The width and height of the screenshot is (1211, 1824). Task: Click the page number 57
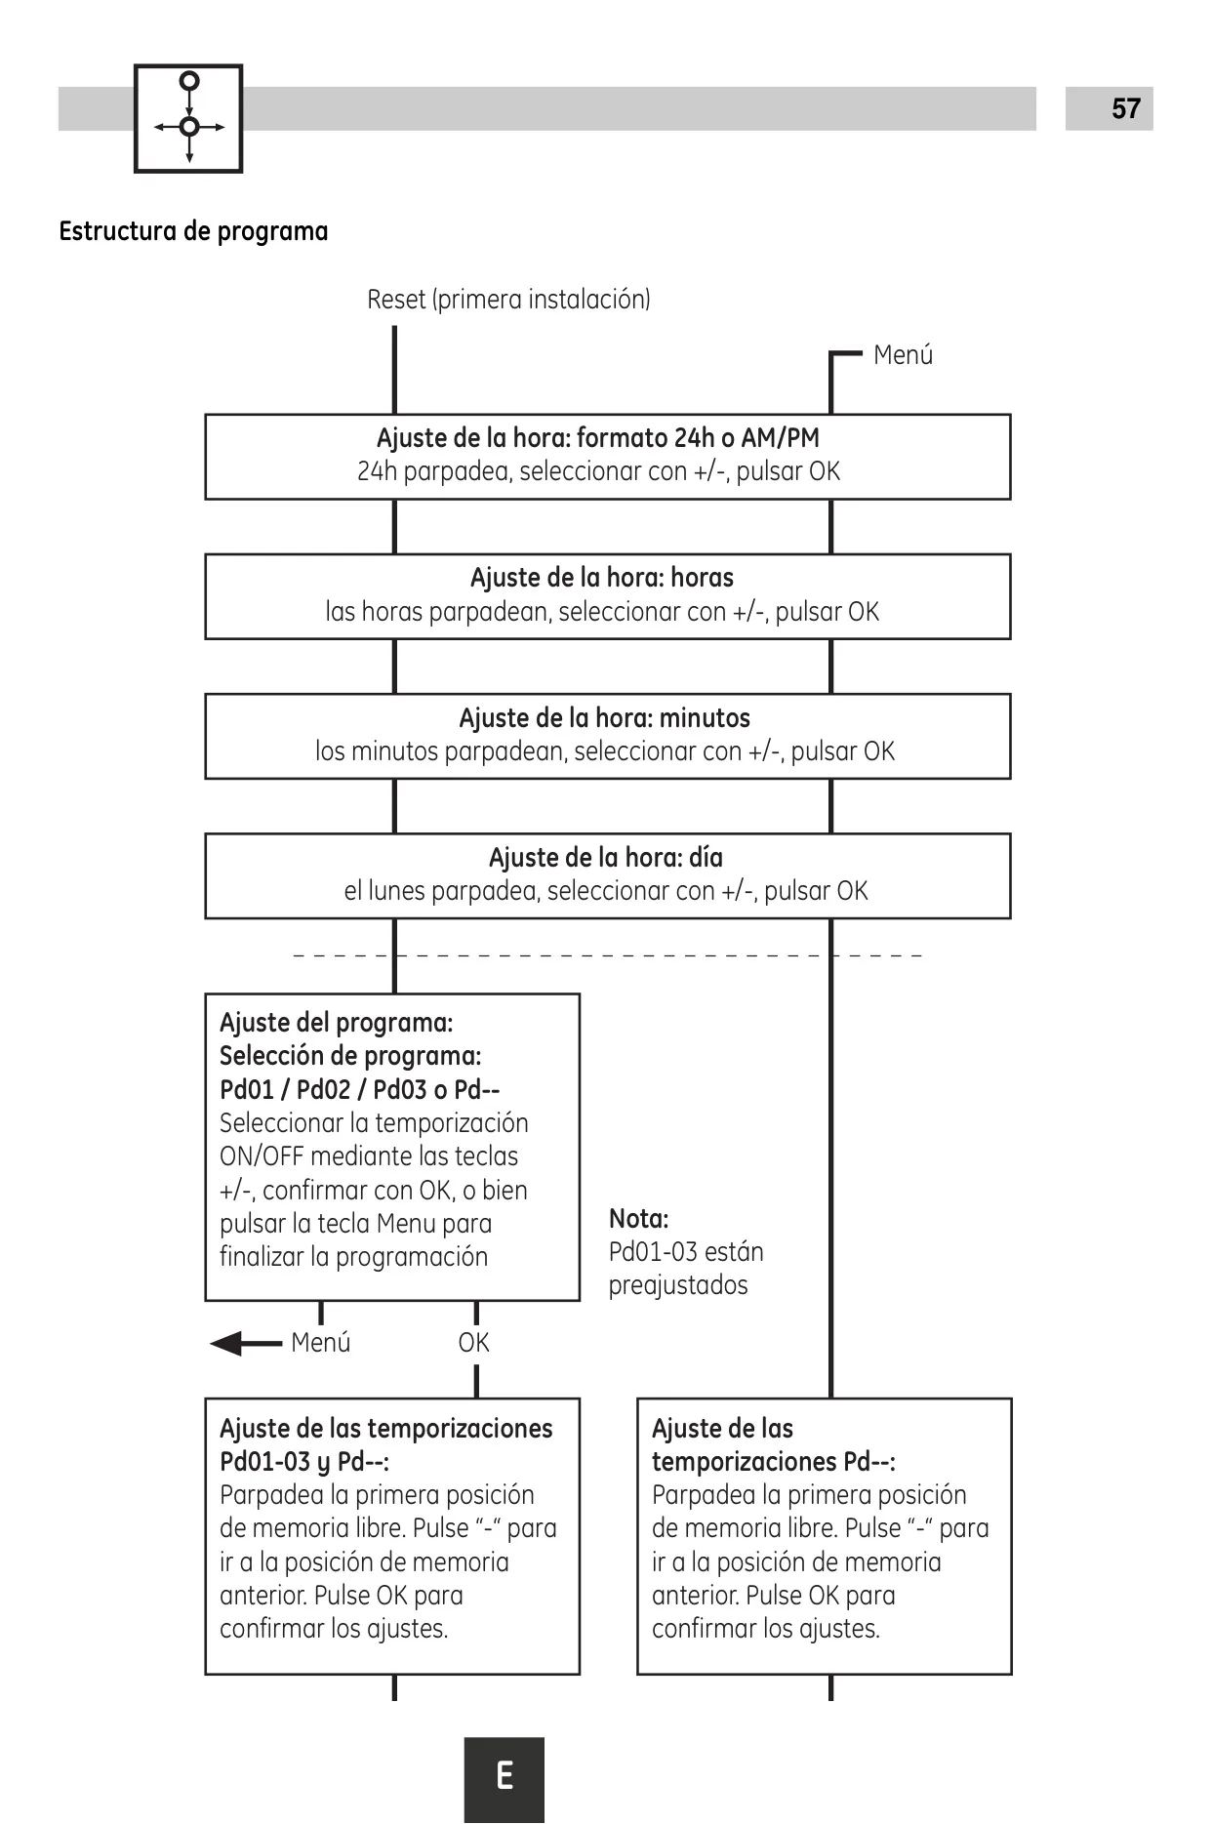click(x=1126, y=108)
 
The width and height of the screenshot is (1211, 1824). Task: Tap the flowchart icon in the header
click(x=188, y=119)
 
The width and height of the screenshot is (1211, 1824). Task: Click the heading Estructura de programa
click(x=193, y=231)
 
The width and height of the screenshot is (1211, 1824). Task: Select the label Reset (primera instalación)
click(x=508, y=299)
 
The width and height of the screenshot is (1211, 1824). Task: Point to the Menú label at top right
click(x=903, y=354)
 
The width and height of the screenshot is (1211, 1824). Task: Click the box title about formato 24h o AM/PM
click(x=598, y=437)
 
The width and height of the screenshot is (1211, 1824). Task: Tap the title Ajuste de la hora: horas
click(x=602, y=577)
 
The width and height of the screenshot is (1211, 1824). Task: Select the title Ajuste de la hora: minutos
click(x=605, y=717)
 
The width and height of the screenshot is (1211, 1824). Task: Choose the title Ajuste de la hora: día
click(x=606, y=857)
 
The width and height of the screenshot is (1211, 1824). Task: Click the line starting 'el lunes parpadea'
click(x=606, y=891)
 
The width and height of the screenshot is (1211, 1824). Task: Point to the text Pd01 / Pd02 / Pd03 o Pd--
click(x=359, y=1089)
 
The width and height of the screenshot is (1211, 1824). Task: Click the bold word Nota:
click(x=639, y=1218)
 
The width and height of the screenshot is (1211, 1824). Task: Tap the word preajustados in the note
click(x=678, y=1285)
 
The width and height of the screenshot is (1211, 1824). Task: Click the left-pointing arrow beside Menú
click(x=246, y=1344)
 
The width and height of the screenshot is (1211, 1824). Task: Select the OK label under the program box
click(x=474, y=1343)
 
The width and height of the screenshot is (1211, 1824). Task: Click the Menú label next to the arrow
click(x=321, y=1343)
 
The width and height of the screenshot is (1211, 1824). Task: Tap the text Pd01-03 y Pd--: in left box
click(x=304, y=1462)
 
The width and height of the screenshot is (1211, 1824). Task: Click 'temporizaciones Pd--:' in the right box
click(x=774, y=1461)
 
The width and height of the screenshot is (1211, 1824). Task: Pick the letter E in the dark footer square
click(x=505, y=1775)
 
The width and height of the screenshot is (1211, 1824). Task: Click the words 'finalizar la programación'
click(x=353, y=1256)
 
